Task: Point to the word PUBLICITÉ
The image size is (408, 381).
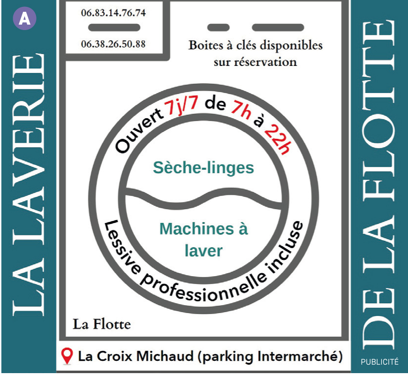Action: (379, 362)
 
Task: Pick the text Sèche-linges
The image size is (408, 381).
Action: (203, 168)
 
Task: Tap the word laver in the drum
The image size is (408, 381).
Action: (204, 251)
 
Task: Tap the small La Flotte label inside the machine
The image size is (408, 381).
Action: (102, 324)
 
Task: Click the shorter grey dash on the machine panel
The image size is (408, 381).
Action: (218, 27)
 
